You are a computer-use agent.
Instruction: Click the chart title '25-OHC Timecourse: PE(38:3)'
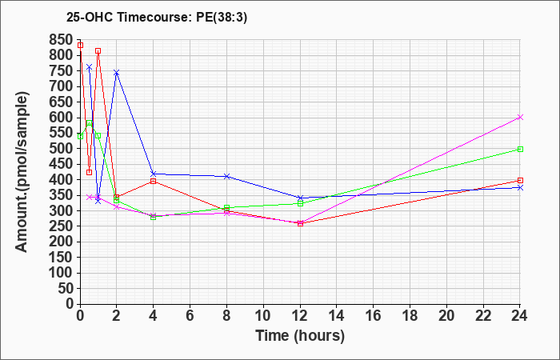pyautogui.click(x=157, y=18)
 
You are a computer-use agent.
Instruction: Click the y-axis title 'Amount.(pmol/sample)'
pyautogui.click(x=22, y=172)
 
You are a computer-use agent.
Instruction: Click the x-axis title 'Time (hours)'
pyautogui.click(x=300, y=336)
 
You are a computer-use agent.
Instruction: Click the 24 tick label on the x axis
pyautogui.click(x=520, y=315)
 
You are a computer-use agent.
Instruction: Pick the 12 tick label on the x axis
pyautogui.click(x=300, y=315)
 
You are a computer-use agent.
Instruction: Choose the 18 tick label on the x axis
pyautogui.click(x=410, y=315)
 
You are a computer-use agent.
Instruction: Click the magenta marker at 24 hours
pyautogui.click(x=520, y=117)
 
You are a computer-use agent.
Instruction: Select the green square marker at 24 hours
pyautogui.click(x=520, y=149)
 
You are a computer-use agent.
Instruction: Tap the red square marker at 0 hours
pyautogui.click(x=80, y=45)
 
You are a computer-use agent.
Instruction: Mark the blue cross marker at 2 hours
pyautogui.click(x=117, y=73)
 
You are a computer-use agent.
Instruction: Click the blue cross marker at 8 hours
pyautogui.click(x=226, y=176)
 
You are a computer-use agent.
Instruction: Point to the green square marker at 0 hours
pyautogui.click(x=80, y=136)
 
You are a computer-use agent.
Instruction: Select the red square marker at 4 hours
pyautogui.click(x=154, y=181)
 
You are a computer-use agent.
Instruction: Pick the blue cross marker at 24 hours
pyautogui.click(x=520, y=187)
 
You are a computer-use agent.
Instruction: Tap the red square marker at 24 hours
pyautogui.click(x=520, y=180)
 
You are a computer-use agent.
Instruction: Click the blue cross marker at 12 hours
pyautogui.click(x=300, y=198)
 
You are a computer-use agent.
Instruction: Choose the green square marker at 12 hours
pyautogui.click(x=300, y=203)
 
